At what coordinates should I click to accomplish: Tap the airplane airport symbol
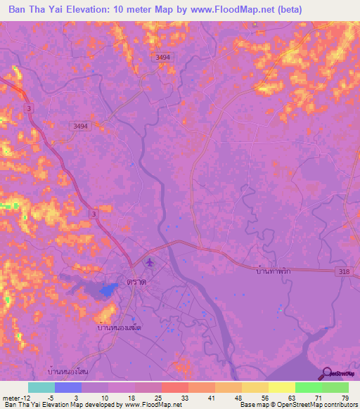tap(149, 263)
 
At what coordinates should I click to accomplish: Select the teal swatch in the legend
tap(41, 387)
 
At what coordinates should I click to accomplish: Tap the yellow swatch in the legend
tap(281, 387)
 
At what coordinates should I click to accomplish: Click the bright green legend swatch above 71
tap(308, 387)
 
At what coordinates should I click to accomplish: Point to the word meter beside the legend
tap(11, 397)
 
